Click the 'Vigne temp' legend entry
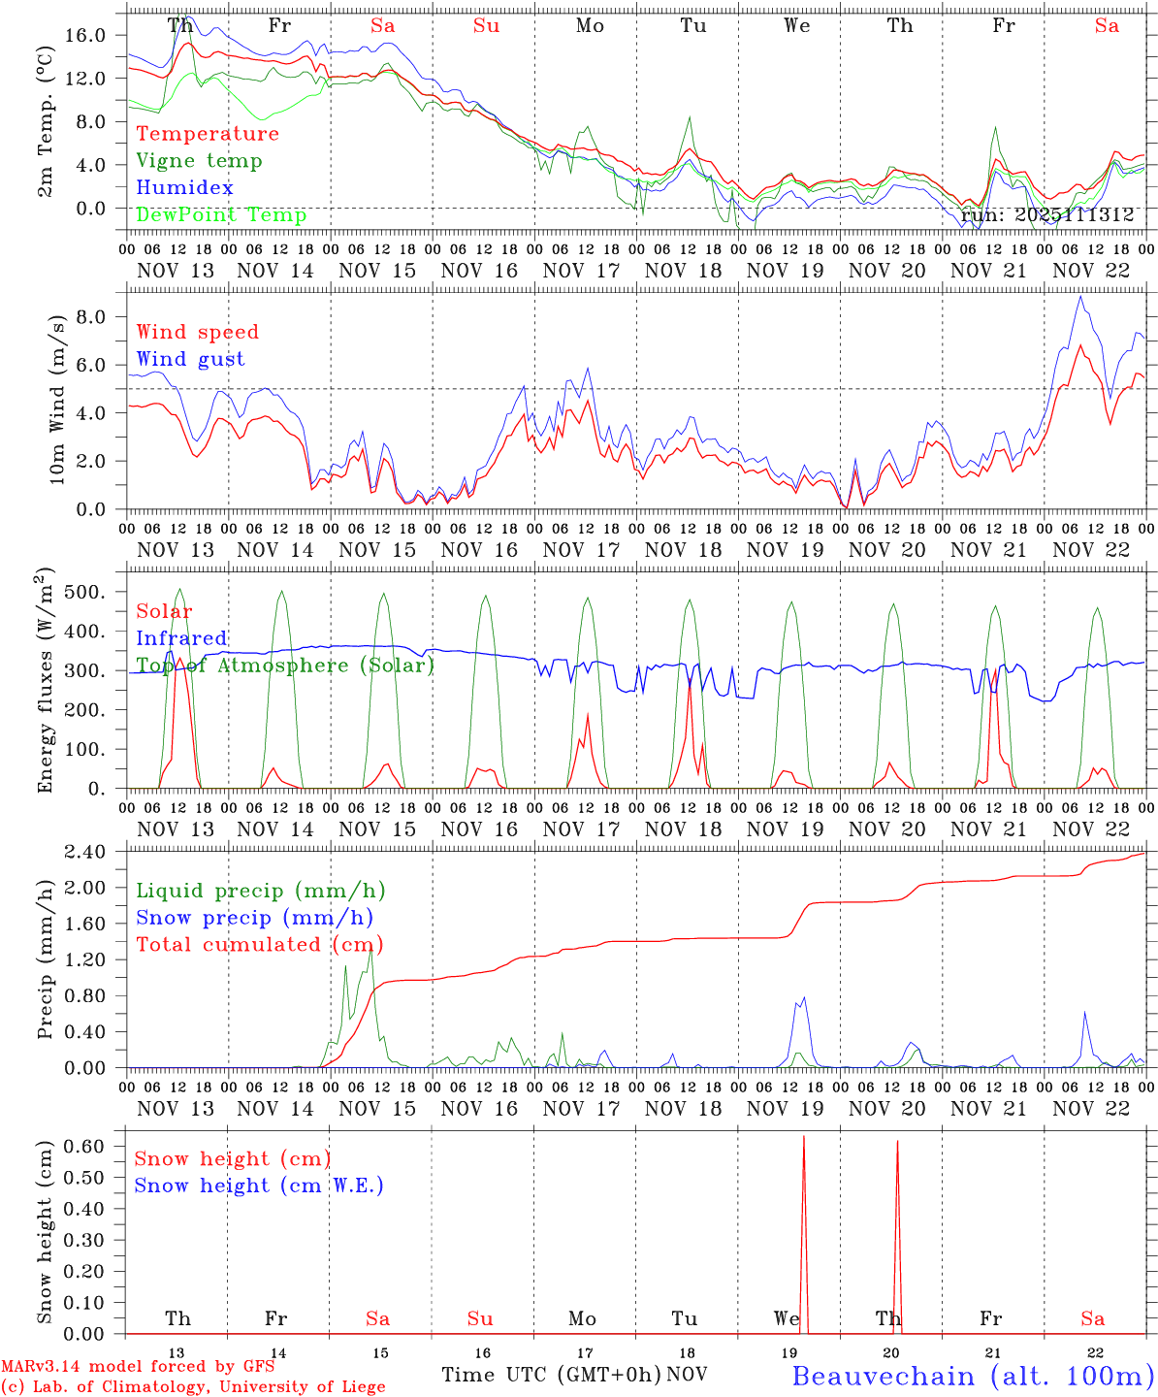click(199, 161)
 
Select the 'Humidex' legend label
click(184, 188)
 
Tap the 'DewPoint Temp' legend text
click(221, 215)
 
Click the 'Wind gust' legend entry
click(190, 359)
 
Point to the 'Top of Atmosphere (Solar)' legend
click(285, 666)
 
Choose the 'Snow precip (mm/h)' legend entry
click(254, 918)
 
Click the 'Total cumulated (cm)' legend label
click(259, 945)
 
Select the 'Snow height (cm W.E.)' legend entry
click(259, 1186)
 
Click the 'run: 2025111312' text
click(1046, 215)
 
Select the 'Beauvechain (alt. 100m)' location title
click(973, 1376)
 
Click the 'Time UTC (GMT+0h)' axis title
click(551, 1375)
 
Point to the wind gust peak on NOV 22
click(1079, 297)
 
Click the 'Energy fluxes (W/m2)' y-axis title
click(45, 683)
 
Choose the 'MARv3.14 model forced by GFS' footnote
click(137, 1367)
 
